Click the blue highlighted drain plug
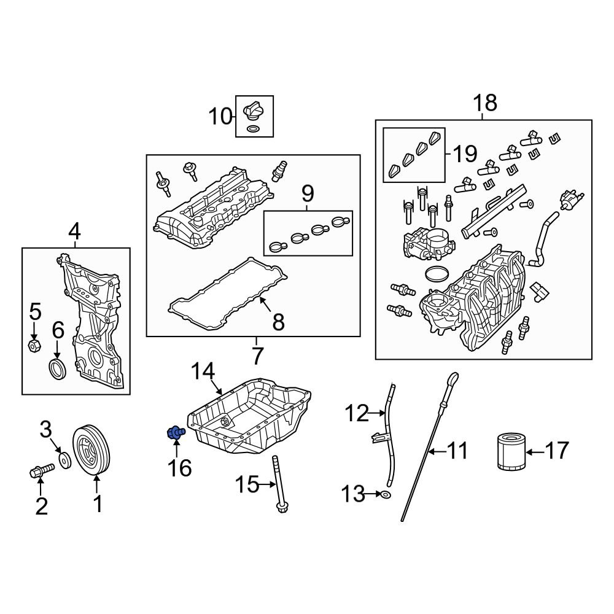(x=175, y=433)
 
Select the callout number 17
(x=556, y=452)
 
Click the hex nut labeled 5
(x=35, y=346)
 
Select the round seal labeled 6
(x=58, y=370)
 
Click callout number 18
(x=484, y=103)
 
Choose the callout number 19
(x=464, y=153)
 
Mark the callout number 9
(x=308, y=195)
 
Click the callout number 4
(x=74, y=231)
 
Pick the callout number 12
(x=356, y=414)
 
